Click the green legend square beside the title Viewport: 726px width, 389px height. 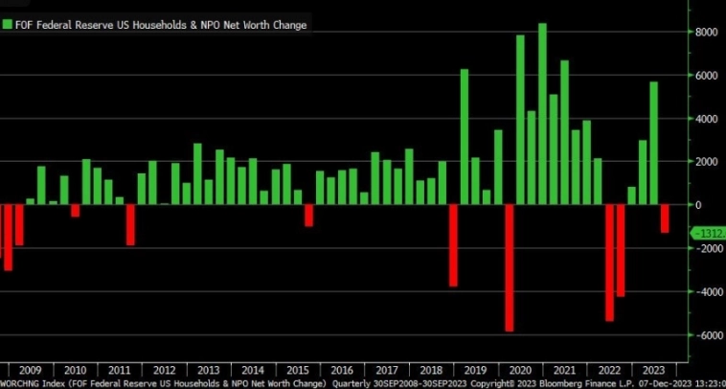tap(8, 25)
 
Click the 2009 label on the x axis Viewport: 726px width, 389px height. tap(30, 370)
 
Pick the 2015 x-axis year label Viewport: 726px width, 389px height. tap(298, 370)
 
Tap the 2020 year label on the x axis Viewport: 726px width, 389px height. tap(520, 370)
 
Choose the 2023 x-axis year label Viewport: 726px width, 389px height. tap(654, 370)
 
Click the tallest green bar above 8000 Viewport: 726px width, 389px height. tap(542, 113)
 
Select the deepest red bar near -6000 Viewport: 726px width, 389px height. tap(510, 267)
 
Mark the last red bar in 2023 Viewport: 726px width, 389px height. tap(665, 218)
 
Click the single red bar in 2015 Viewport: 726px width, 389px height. tap(308, 216)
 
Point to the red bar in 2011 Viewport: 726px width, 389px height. tap(130, 225)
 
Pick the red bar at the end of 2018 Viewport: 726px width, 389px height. tap(453, 245)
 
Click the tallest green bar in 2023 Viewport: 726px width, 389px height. tap(653, 143)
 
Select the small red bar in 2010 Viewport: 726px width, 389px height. tap(75, 211)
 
